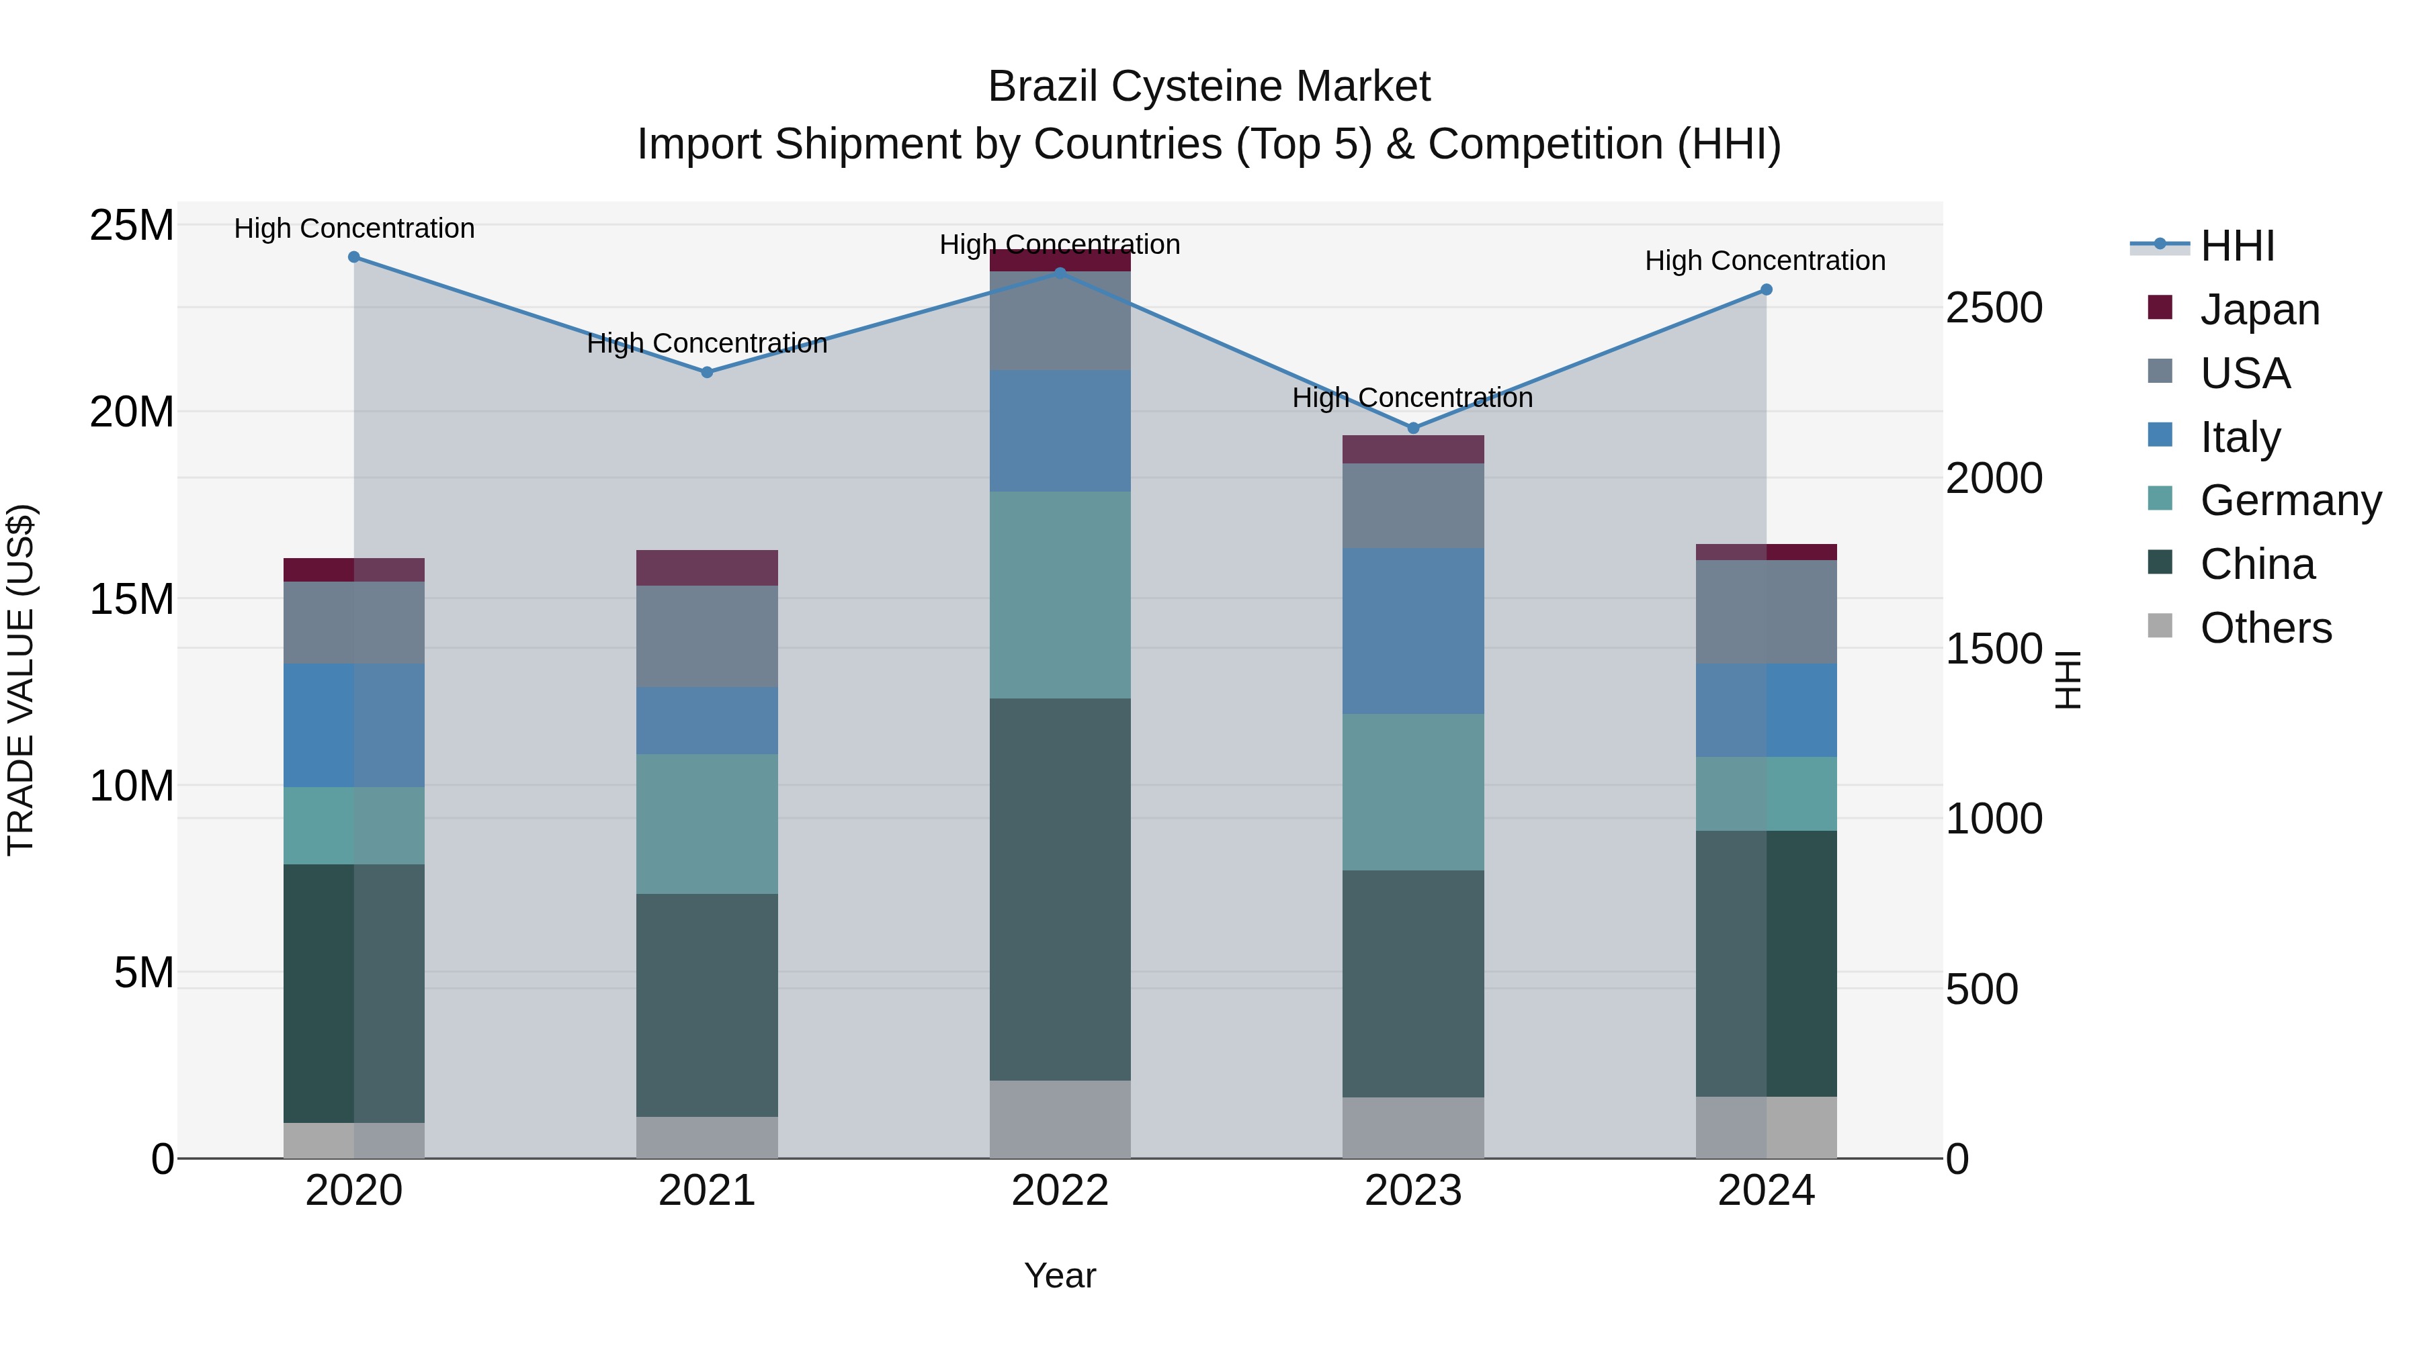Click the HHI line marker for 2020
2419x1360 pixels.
tap(354, 257)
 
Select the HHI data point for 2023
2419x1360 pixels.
tap(1413, 428)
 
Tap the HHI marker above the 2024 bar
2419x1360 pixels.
tap(1767, 290)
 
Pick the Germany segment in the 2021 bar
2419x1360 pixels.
tap(707, 824)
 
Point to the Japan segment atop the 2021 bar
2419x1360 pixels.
tap(707, 568)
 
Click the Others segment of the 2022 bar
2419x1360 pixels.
tap(1060, 1119)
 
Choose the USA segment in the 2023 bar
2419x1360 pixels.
tap(1413, 506)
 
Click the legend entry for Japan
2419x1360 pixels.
tap(2258, 310)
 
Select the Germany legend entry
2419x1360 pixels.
tap(2289, 500)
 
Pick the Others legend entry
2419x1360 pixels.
tap(2265, 628)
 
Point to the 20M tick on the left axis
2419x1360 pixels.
tap(132, 412)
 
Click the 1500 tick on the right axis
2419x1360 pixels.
tap(1993, 649)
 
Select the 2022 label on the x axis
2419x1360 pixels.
tap(1060, 1191)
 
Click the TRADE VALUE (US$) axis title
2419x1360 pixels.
tap(21, 680)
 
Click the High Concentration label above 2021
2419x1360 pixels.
tap(707, 343)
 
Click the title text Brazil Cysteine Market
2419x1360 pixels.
tap(1209, 87)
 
